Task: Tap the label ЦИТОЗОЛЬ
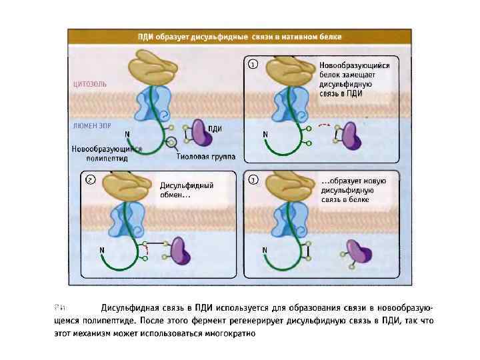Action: coord(89,85)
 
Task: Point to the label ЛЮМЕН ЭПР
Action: coord(90,124)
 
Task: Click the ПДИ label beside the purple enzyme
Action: coord(215,129)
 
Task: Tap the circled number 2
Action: coord(91,179)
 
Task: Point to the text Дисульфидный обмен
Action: coord(187,190)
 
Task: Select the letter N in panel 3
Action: coord(265,250)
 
